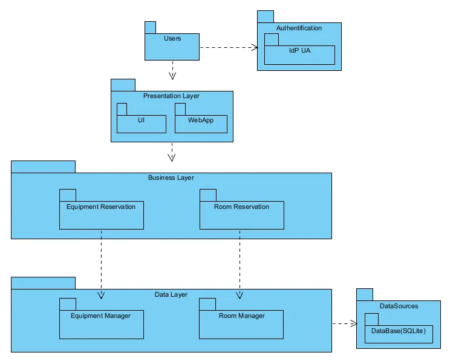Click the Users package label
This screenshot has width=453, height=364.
tap(172, 38)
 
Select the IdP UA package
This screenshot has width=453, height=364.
tap(299, 55)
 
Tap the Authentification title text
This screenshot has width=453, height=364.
tap(299, 28)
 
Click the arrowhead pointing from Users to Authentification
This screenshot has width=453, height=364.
tap(255, 47)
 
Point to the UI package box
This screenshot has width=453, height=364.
tap(142, 124)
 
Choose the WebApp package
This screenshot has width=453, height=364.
tap(201, 124)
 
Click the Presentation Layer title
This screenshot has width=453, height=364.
tap(171, 96)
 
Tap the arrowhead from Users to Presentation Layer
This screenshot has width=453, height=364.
tap(172, 76)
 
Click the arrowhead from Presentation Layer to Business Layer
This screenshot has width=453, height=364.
tap(172, 157)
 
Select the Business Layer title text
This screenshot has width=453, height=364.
tap(171, 177)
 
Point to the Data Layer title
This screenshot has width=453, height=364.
tap(171, 294)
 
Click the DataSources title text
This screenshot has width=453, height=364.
tap(399, 306)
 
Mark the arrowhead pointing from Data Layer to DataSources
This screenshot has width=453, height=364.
tap(354, 323)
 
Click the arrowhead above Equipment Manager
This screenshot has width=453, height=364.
tap(101, 295)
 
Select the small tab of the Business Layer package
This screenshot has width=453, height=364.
tap(44, 167)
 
